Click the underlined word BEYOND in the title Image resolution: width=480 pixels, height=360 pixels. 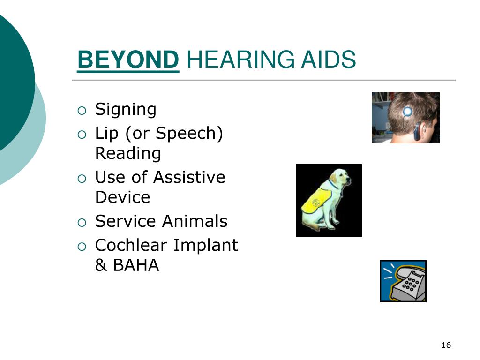click(128, 60)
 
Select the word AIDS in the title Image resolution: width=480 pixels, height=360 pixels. click(329, 60)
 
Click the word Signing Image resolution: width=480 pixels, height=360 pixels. click(126, 110)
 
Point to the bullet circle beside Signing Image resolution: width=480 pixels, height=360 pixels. click(82, 111)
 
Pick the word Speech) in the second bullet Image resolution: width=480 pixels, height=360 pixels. click(189, 134)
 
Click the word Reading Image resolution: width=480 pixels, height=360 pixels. click(128, 154)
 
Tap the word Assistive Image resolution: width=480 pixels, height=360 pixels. click(189, 177)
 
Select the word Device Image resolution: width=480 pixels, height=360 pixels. click(122, 197)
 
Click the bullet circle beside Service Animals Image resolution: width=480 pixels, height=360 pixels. click(82, 223)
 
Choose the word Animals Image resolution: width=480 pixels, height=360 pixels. click(195, 221)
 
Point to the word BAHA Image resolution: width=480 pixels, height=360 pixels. click(136, 265)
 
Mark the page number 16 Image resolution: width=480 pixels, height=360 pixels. click(446, 345)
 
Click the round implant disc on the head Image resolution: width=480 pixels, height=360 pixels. click(407, 111)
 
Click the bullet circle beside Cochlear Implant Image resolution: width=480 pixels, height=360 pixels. click(82, 247)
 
